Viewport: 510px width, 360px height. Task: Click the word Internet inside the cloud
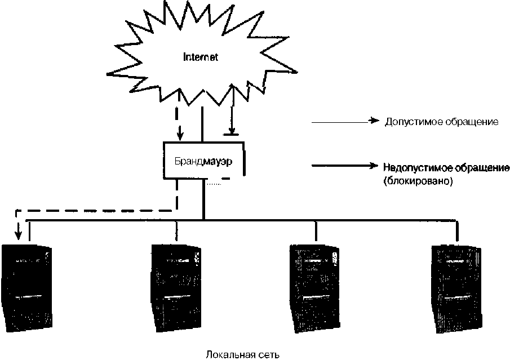201,57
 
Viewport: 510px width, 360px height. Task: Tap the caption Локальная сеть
242,354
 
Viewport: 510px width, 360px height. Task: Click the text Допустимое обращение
441,122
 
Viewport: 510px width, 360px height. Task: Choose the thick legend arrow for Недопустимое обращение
344,166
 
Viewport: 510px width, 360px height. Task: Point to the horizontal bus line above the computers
254,219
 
